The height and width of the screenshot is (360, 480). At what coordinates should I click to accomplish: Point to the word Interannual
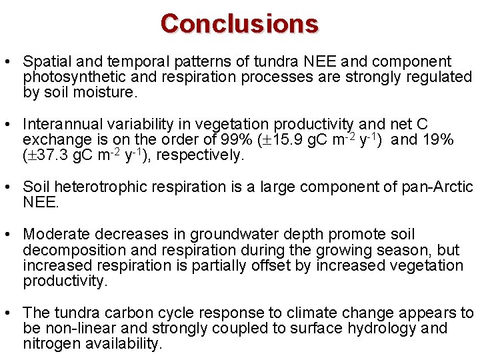pyautogui.click(x=59, y=125)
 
